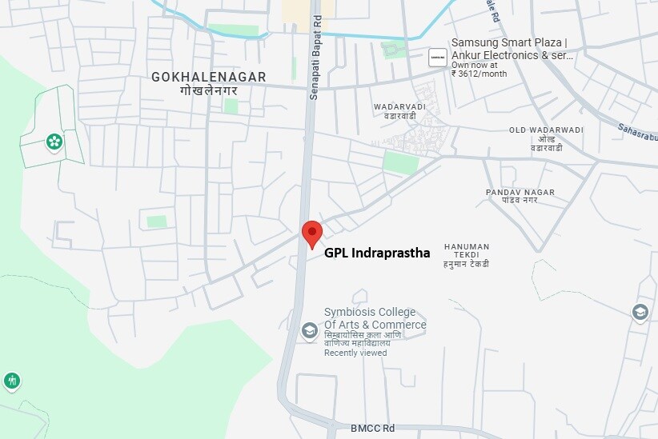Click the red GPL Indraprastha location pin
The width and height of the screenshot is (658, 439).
pos(311,233)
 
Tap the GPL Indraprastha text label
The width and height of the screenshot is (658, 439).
pos(376,253)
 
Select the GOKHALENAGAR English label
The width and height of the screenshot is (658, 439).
pos(208,77)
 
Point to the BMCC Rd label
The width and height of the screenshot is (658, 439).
pos(373,429)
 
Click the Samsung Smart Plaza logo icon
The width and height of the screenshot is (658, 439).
pos(438,57)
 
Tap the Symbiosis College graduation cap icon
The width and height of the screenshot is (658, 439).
pos(309,330)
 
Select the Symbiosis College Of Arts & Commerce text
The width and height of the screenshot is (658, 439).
pos(375,318)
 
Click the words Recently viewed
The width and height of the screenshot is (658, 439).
pos(355,353)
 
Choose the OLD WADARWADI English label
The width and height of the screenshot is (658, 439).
pos(546,130)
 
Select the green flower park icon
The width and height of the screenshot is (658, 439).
pos(54,142)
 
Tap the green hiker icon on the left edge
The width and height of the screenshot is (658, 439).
pos(11,381)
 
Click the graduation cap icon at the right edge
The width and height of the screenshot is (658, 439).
pos(640,312)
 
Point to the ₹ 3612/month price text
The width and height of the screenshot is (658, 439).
pos(479,74)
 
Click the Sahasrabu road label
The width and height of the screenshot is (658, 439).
pos(637,129)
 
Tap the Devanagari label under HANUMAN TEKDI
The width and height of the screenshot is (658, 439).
pos(467,264)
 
